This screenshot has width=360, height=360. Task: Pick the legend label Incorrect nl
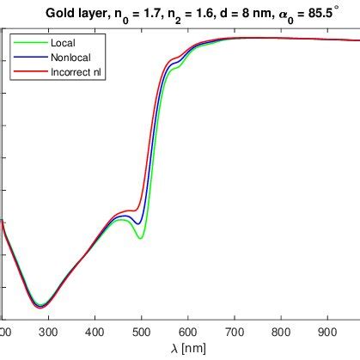pyautogui.click(x=79, y=70)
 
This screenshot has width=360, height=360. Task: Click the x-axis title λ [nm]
pyautogui.click(x=188, y=348)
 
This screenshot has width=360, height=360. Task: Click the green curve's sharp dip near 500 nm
pyautogui.click(x=140, y=238)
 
